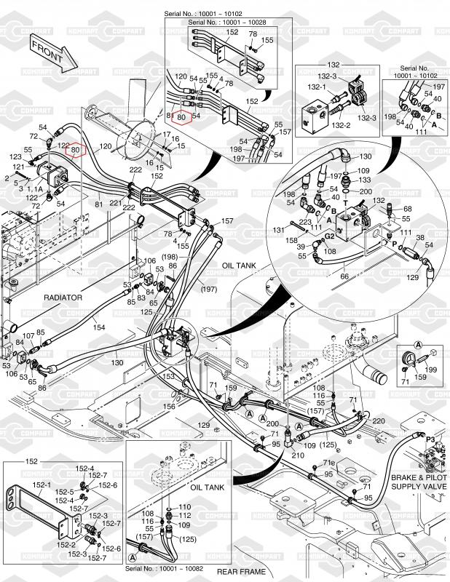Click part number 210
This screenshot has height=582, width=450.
(x=297, y=455)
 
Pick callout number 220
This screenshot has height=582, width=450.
(x=378, y=420)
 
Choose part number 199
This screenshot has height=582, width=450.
(x=430, y=370)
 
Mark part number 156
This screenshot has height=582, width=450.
(x=170, y=407)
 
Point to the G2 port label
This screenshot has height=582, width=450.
(x=330, y=236)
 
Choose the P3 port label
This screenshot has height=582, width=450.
(x=430, y=439)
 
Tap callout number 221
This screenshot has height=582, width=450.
(x=115, y=204)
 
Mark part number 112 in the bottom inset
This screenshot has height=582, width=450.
(x=185, y=516)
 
